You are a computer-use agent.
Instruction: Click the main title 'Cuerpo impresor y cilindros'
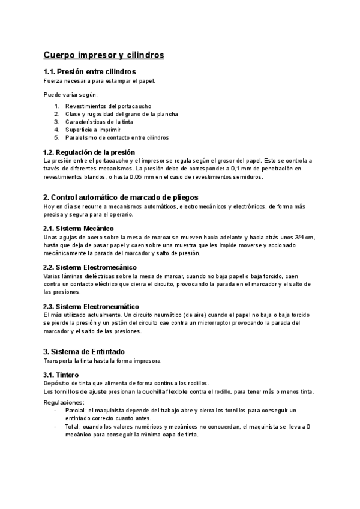point(104,55)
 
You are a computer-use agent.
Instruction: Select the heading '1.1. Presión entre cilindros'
point(94,72)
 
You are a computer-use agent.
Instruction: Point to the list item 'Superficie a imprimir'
point(93,130)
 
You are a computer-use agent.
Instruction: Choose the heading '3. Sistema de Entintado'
point(85,351)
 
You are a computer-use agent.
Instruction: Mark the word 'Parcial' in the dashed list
point(76,410)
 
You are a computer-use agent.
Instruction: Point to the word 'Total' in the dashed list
point(73,426)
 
